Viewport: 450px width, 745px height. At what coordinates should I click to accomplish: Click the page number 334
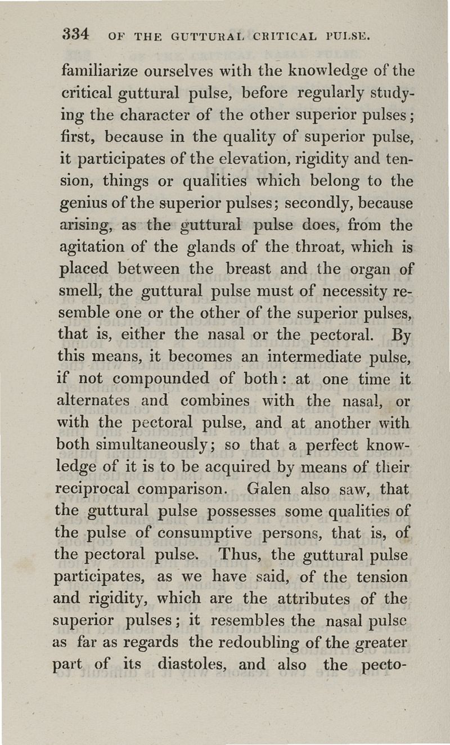75,35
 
